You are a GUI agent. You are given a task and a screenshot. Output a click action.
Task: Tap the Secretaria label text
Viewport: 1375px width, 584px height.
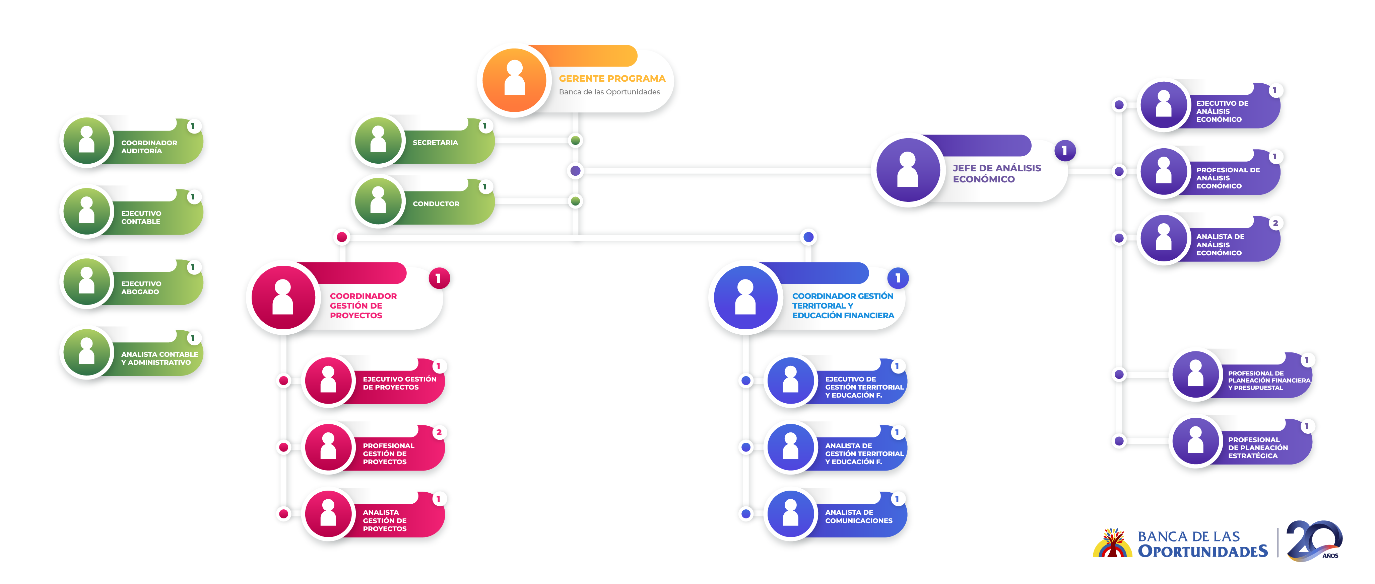(435, 142)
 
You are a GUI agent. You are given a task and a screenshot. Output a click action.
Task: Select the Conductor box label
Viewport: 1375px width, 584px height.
(436, 204)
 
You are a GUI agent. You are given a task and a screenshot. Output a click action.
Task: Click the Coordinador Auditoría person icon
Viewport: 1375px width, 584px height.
(86, 141)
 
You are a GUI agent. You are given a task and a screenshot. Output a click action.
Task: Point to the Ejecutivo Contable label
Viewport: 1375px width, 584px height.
(141, 217)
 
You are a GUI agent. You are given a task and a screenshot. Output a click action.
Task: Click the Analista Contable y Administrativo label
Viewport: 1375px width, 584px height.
(159, 358)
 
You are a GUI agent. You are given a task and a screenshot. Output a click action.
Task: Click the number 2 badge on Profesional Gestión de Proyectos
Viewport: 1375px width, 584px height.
(439, 432)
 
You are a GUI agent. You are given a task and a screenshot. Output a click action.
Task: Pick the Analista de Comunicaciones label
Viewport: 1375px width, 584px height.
(858, 516)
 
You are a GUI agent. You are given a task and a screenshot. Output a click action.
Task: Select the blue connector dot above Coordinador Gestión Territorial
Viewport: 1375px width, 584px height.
(809, 237)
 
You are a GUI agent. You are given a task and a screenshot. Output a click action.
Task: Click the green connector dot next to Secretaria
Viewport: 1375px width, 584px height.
(575, 141)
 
